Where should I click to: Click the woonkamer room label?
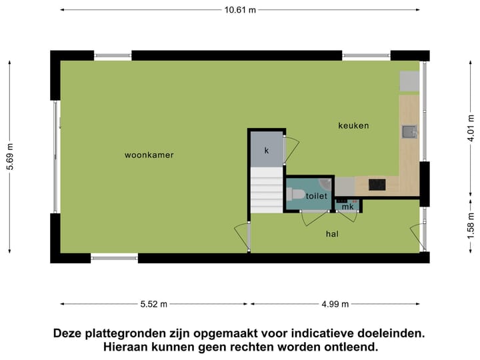[149, 155]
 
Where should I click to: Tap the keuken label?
[353, 125]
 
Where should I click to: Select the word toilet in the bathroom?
[317, 196]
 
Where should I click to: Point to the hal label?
[332, 234]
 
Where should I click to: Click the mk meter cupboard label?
[347, 207]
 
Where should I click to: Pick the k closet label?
[266, 151]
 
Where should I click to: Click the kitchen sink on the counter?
[408, 132]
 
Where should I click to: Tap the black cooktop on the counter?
[377, 185]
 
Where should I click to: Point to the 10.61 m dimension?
[240, 10]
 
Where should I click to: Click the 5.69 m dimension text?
[10, 157]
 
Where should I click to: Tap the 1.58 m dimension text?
[470, 225]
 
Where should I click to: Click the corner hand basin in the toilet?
[325, 183]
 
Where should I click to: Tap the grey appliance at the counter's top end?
[408, 81]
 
